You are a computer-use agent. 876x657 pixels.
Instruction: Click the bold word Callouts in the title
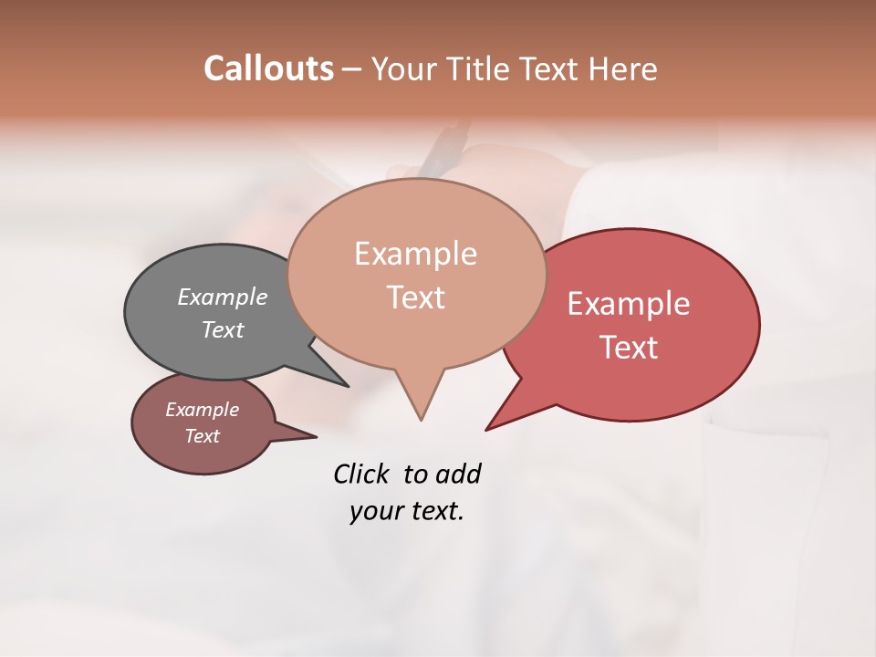[268, 68]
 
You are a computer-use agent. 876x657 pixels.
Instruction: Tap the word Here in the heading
[623, 68]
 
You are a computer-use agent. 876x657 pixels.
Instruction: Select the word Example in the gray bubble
[223, 297]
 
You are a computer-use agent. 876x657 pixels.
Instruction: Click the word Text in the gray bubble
[223, 329]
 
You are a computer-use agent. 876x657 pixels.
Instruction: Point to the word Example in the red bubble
[629, 304]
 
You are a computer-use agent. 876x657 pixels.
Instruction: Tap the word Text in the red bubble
[629, 348]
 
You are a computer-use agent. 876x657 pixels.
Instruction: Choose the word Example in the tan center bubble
[415, 254]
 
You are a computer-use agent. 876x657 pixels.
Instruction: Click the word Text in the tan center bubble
[415, 297]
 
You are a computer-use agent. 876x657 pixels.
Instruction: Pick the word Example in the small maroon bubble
[202, 410]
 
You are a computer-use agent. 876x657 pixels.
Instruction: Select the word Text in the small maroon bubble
[202, 436]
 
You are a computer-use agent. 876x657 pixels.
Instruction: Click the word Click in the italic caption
[361, 474]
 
